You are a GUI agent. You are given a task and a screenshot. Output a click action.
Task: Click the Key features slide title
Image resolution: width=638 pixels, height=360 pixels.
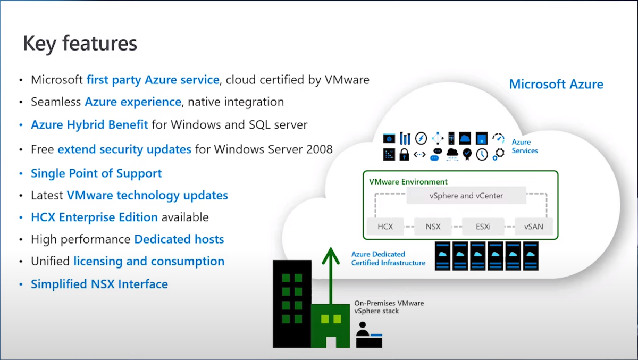click(80, 44)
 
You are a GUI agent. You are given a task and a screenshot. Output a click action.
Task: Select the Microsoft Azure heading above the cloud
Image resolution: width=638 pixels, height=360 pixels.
click(556, 84)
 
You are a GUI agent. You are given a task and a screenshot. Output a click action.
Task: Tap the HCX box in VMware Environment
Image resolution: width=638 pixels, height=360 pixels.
click(385, 227)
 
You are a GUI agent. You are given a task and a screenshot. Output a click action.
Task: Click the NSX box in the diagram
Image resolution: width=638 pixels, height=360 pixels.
click(433, 227)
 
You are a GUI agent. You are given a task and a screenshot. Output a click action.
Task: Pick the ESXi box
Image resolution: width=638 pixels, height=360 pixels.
click(483, 227)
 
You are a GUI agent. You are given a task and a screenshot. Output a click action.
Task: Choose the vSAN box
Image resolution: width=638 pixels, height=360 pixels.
click(533, 227)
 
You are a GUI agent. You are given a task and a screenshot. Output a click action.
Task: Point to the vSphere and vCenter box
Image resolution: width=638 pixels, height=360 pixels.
click(466, 195)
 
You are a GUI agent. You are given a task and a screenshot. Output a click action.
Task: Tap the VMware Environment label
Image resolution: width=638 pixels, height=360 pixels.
click(408, 182)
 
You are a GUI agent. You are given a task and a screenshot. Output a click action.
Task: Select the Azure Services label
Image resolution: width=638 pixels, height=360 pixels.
click(524, 146)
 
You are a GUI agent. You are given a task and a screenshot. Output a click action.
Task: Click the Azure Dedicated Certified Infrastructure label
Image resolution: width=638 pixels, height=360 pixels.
click(388, 258)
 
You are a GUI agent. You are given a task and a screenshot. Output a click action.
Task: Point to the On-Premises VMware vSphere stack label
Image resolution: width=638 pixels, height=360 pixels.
click(389, 307)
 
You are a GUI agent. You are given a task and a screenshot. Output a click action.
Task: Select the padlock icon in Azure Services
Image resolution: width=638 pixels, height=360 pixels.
click(405, 154)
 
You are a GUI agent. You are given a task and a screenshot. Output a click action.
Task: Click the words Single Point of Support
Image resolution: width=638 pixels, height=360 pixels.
click(96, 173)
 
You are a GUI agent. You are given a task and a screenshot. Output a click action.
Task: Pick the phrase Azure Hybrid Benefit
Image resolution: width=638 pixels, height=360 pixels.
click(89, 125)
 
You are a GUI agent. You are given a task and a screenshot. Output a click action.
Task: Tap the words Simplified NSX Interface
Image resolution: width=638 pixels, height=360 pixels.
click(99, 284)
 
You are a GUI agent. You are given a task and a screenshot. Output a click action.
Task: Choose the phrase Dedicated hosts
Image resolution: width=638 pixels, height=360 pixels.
click(179, 239)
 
